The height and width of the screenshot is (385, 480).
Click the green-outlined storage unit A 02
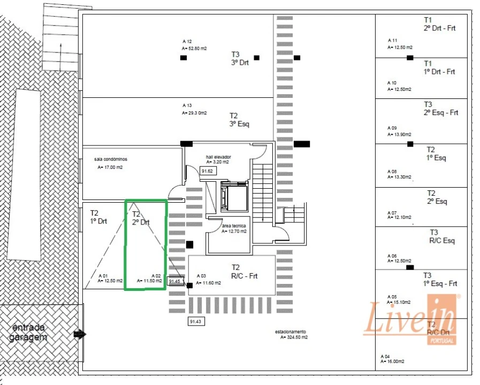(146, 245)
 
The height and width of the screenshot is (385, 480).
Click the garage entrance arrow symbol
(80, 335)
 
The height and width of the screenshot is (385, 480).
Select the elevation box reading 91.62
(207, 171)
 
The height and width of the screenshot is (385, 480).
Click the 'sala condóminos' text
(111, 159)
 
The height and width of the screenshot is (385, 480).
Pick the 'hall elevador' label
(218, 157)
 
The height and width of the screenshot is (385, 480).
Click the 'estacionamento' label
(291, 332)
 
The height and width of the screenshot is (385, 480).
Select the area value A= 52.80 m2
(194, 48)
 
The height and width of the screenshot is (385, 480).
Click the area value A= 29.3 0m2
(194, 113)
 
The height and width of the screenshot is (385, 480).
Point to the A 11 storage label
(393, 41)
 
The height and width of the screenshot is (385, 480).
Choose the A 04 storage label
(385, 356)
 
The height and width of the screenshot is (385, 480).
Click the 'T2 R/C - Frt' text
(244, 272)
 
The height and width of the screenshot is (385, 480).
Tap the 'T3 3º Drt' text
(240, 58)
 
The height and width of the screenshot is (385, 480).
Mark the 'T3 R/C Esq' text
(442, 236)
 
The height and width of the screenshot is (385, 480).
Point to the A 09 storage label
(392, 128)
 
